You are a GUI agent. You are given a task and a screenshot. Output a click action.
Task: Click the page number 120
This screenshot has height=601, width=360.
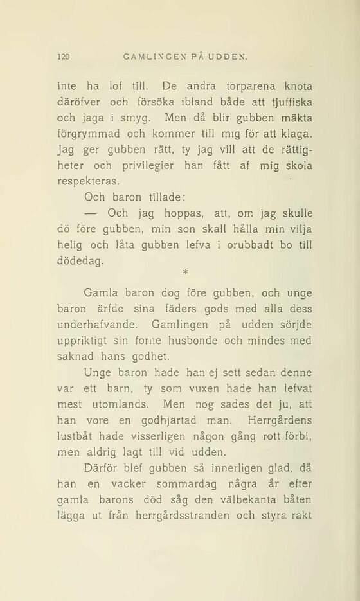point(63,57)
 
